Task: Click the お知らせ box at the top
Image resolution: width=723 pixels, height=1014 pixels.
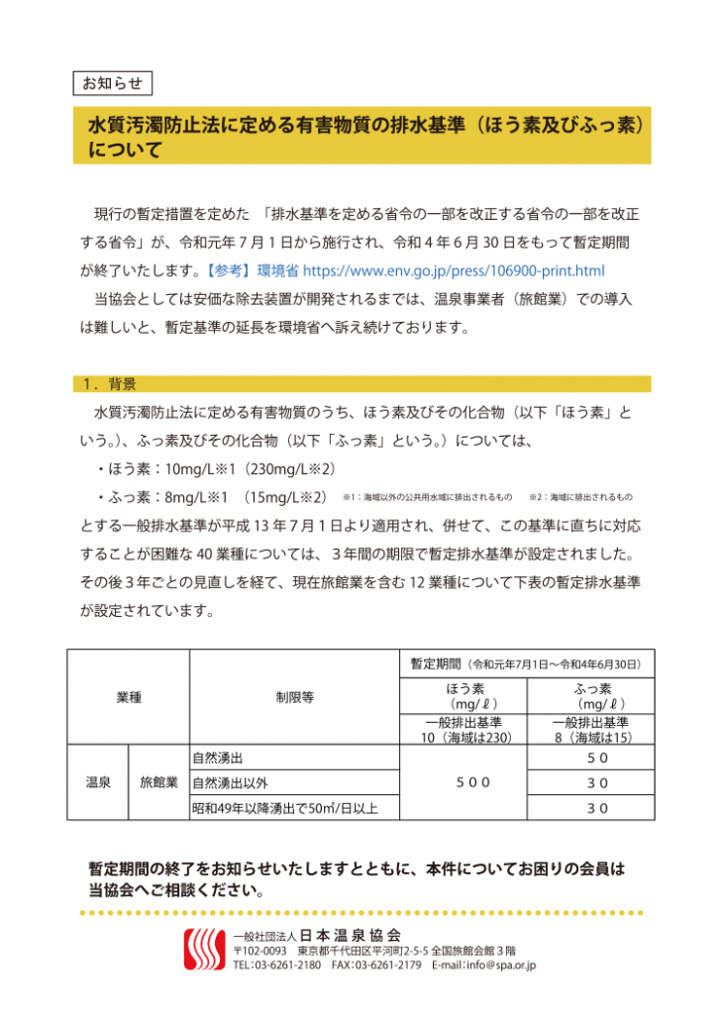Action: coord(112,82)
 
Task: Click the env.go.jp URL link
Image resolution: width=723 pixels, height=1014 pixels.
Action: coord(453,269)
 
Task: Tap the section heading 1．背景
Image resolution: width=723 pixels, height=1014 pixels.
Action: coord(110,384)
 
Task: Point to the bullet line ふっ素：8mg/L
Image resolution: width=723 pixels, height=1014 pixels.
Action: coord(212,496)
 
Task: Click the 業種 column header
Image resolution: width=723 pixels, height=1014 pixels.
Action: coord(128,697)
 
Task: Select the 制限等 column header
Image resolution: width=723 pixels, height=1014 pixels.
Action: coord(294,697)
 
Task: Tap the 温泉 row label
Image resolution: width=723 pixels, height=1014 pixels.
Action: coord(97,782)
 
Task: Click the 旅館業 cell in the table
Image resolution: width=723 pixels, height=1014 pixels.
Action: coord(158,782)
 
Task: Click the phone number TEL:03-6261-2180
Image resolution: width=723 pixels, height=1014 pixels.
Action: coord(276,964)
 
